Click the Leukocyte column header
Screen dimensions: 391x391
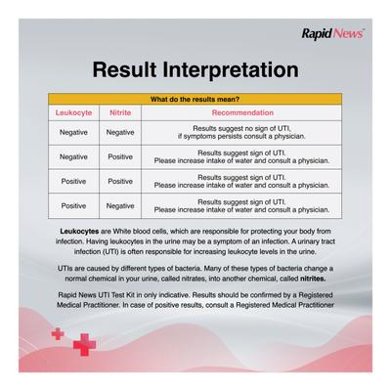73,113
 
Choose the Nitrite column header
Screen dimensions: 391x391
120,113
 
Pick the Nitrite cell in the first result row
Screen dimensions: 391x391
120,132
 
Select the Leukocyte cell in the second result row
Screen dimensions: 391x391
73,156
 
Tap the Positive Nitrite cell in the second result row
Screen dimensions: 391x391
120,156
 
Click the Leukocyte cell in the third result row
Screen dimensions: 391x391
73,181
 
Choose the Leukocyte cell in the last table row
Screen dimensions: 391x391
73,206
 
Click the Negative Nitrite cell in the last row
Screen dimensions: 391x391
120,206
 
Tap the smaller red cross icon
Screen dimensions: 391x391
58,333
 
